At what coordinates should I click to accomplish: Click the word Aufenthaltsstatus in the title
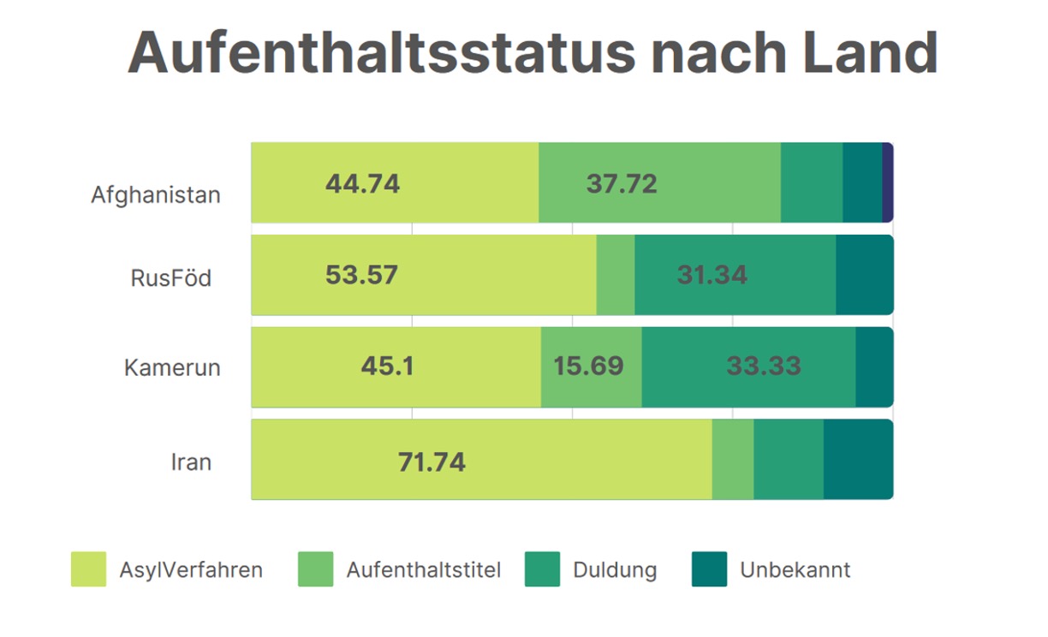382,53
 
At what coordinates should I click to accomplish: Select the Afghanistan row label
156,194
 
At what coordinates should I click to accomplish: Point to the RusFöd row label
171,278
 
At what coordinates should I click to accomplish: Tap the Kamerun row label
172,368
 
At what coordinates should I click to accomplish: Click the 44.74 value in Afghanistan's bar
362,183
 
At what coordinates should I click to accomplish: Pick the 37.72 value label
622,183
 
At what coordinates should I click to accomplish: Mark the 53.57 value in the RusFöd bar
362,275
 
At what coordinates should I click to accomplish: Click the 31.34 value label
712,275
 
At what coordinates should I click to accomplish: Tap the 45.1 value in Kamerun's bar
387,366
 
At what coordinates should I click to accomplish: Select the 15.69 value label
588,366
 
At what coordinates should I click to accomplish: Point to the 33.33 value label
764,366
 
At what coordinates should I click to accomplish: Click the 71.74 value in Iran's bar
432,462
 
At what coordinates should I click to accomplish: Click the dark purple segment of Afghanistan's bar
888,183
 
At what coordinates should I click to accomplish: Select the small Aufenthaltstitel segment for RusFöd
616,275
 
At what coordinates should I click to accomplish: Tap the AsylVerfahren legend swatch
88,569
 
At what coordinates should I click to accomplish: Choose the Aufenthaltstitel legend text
424,569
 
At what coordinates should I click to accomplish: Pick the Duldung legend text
615,569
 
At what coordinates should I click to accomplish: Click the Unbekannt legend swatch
709,569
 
